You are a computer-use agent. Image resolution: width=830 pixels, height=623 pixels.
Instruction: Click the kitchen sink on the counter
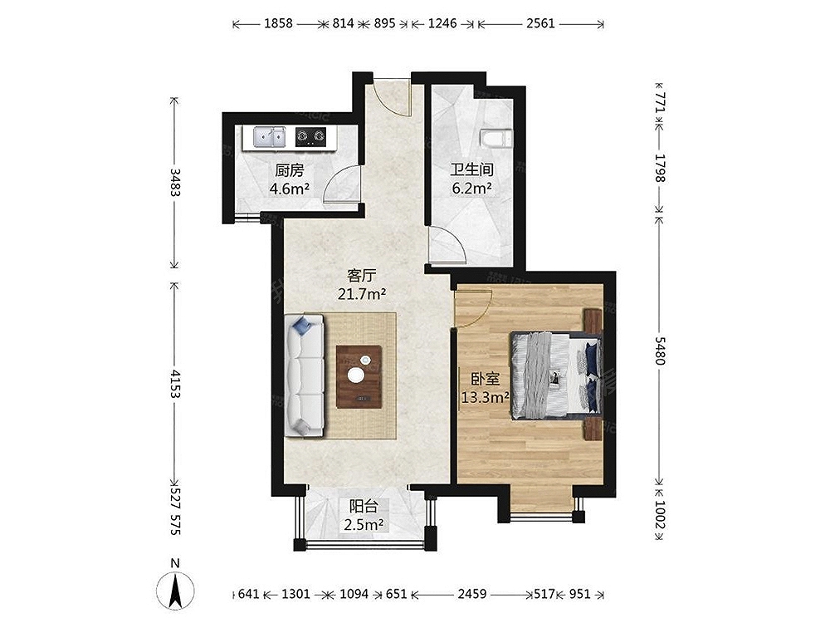270,137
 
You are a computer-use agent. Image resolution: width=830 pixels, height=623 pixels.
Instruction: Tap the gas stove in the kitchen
310,137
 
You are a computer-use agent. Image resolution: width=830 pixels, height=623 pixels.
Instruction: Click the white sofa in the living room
305,375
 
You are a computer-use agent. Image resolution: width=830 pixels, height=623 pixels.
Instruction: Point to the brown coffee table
359,376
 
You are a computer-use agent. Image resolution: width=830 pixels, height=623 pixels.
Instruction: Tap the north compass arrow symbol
175,591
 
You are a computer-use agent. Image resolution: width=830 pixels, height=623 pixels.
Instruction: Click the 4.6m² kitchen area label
289,189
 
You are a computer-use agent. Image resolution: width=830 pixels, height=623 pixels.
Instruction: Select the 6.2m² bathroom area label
471,188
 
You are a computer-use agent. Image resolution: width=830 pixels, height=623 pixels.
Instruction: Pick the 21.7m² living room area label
362,293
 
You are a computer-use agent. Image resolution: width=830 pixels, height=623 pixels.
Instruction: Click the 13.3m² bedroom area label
485,397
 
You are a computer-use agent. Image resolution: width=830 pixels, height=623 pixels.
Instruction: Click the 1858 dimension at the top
278,23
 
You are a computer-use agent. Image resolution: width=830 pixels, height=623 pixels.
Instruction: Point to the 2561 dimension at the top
540,23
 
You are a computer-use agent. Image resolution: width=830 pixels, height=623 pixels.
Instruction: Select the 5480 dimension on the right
660,351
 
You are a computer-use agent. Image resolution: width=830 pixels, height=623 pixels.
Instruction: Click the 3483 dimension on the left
175,182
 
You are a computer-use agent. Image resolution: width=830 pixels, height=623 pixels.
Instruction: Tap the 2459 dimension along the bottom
472,594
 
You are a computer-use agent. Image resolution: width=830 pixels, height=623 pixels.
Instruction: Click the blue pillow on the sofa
303,325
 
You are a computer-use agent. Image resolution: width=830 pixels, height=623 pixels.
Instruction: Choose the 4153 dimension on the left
175,384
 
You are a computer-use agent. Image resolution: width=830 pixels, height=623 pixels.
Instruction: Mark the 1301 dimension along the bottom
295,594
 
